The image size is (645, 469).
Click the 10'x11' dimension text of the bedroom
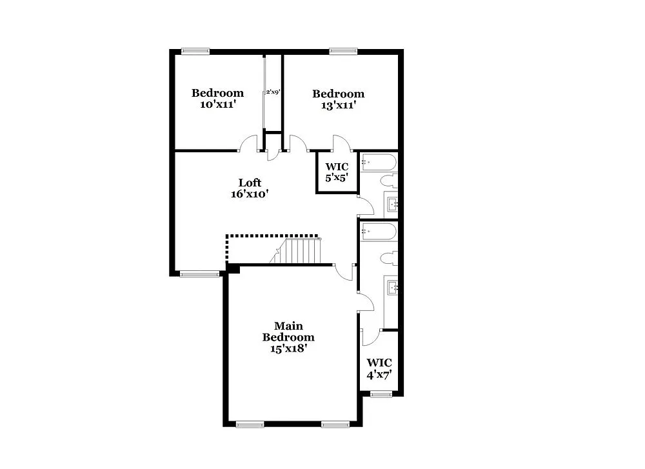click(x=217, y=105)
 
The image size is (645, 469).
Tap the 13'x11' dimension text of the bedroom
click(x=338, y=105)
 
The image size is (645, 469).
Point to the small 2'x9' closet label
click(x=273, y=92)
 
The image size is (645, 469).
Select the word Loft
click(x=250, y=183)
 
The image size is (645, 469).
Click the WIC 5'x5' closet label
click(x=337, y=172)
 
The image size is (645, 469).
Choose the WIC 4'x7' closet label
click(x=379, y=368)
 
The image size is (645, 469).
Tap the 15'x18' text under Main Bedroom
click(x=288, y=348)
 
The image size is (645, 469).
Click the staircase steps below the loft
click(x=303, y=251)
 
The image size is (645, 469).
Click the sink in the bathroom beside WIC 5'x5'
click(x=392, y=205)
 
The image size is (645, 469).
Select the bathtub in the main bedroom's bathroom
click(x=379, y=232)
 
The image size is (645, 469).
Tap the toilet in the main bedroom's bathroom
click(x=389, y=259)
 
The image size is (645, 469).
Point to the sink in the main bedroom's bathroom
click(x=392, y=286)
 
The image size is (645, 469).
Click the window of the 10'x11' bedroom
click(x=195, y=52)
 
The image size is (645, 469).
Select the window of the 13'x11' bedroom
click(x=343, y=52)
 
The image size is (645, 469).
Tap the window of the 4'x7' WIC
click(x=381, y=394)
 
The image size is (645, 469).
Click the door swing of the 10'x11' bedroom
click(x=248, y=143)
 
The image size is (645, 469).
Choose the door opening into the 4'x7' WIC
click(x=370, y=336)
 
